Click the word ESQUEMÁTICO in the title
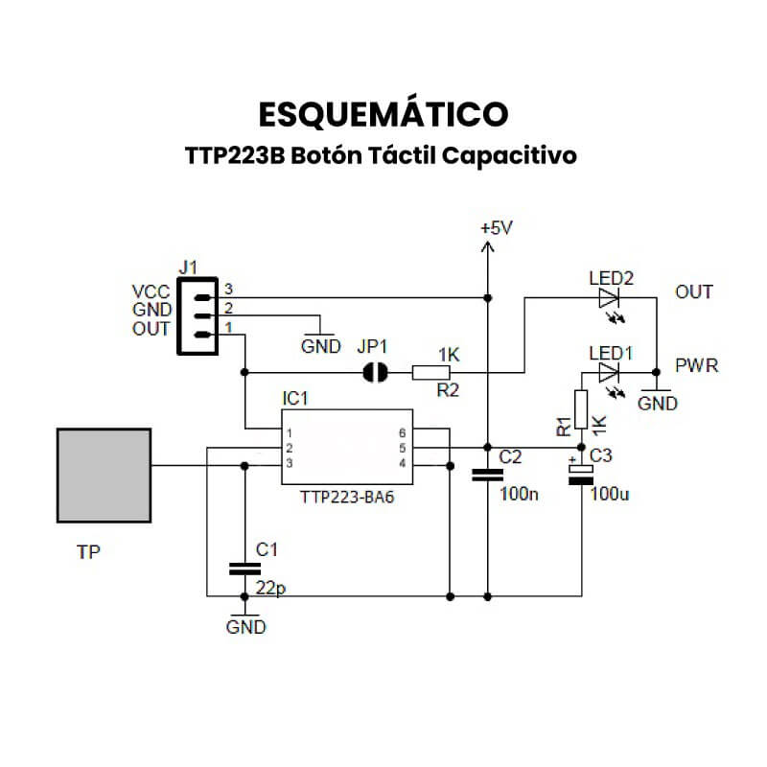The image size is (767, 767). (x=383, y=114)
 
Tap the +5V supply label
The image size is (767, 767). (x=496, y=228)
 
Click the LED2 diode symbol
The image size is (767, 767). (x=610, y=298)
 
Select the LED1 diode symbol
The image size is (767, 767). (x=610, y=371)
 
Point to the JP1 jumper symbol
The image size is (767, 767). (x=375, y=372)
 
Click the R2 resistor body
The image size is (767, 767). (x=431, y=372)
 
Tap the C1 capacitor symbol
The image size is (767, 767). (x=244, y=569)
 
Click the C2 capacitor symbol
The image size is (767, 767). (x=488, y=475)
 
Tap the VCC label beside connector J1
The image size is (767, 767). (x=151, y=291)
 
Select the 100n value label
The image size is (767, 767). (x=519, y=495)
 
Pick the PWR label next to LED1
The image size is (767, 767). (x=697, y=367)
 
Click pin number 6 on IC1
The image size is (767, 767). (x=403, y=433)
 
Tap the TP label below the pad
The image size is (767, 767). (x=88, y=552)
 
